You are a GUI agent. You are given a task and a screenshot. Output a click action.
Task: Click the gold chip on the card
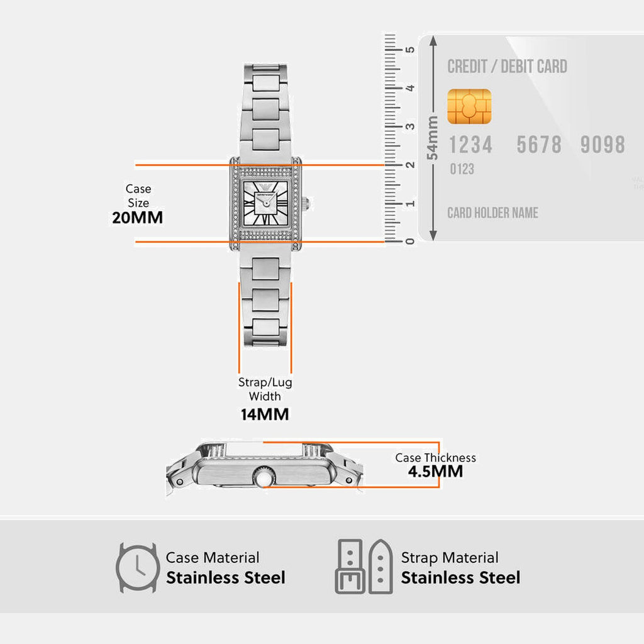tap(469, 106)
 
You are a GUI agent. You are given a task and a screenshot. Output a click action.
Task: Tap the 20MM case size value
tap(138, 218)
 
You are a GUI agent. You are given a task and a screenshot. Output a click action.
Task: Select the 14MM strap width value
tap(265, 414)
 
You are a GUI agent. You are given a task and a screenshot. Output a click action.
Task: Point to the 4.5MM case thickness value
tap(435, 472)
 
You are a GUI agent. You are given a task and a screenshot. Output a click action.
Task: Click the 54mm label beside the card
tap(433, 138)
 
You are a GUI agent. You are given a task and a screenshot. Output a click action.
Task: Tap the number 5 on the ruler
tap(409, 49)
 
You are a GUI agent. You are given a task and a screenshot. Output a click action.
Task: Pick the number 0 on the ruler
tap(409, 241)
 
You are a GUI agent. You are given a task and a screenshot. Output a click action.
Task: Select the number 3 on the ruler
tap(409, 126)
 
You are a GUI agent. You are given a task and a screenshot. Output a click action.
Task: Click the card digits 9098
tap(602, 145)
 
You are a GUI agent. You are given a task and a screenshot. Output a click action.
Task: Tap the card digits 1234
tap(470, 145)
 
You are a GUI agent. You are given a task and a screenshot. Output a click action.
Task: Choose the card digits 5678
tap(539, 145)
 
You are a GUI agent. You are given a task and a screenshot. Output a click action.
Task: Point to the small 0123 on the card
tap(462, 169)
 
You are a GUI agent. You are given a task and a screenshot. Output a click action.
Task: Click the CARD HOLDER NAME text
tap(492, 213)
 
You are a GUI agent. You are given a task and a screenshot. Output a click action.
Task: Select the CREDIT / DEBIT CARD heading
tap(507, 67)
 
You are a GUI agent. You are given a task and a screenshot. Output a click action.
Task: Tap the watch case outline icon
tap(137, 567)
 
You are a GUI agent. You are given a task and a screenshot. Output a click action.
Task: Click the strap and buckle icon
tap(364, 566)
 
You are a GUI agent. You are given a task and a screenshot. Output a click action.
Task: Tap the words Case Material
tap(213, 558)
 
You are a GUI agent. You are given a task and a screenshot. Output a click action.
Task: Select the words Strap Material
tap(450, 558)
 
